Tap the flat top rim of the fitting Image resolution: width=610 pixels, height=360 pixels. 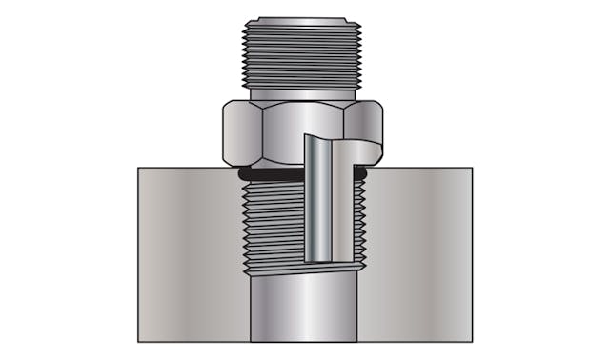point(303,19)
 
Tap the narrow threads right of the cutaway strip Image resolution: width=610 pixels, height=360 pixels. point(359,224)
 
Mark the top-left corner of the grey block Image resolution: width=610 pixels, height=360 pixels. point(138,169)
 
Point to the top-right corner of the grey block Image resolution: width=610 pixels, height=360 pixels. point(472,169)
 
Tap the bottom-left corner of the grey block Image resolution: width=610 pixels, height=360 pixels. point(138,342)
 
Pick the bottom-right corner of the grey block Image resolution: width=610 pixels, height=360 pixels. point(472,342)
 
